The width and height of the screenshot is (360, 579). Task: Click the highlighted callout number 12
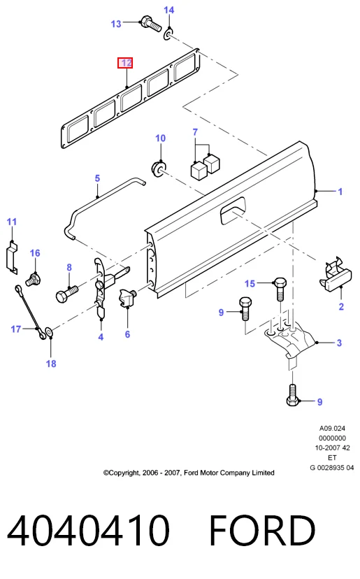(125, 63)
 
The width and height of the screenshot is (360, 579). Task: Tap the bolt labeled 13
(151, 23)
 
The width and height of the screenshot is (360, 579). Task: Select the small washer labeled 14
(168, 35)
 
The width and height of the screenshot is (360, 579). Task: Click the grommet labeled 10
(159, 168)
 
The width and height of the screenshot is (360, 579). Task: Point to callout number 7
(195, 132)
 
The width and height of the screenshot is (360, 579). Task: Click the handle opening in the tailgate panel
(233, 210)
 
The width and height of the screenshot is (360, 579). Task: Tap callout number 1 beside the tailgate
(340, 192)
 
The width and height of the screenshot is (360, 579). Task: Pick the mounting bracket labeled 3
(290, 339)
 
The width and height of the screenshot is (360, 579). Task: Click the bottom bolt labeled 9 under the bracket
(292, 395)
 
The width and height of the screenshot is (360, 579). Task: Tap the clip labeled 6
(127, 298)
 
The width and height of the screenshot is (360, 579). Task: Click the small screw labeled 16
(33, 280)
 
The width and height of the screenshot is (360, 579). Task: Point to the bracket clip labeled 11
(12, 257)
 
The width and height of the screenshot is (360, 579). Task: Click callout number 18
(51, 364)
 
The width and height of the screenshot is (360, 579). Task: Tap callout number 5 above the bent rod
(97, 178)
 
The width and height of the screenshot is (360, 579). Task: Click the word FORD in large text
(262, 530)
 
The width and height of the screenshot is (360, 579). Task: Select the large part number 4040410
(88, 530)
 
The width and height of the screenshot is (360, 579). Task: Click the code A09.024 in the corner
(332, 429)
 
